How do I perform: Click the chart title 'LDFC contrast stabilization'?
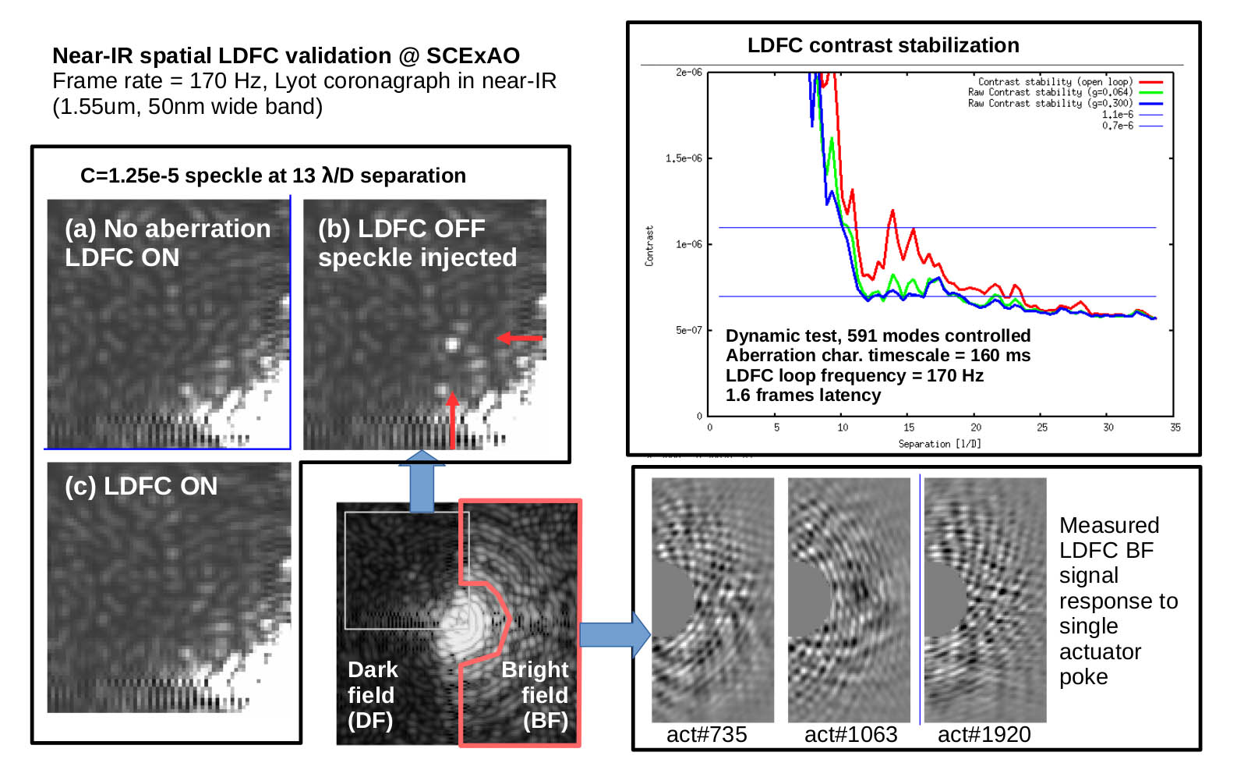(882, 45)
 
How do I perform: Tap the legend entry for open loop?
(1055, 82)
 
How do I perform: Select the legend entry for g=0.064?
(1050, 92)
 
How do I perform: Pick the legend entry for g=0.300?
(1050, 103)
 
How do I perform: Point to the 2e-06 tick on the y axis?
(689, 72)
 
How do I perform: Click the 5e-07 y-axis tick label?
(689, 330)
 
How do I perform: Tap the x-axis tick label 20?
(976, 428)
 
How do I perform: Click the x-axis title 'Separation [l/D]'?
(939, 444)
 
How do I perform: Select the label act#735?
(706, 734)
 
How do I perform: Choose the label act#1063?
(850, 734)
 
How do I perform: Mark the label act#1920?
(984, 734)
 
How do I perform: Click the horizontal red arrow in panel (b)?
(519, 338)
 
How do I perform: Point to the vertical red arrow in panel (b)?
(452, 420)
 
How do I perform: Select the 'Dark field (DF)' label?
(372, 694)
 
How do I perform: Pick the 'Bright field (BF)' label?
(535, 694)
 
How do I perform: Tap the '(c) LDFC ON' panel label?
(141, 486)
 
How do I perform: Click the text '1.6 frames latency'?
(803, 396)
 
